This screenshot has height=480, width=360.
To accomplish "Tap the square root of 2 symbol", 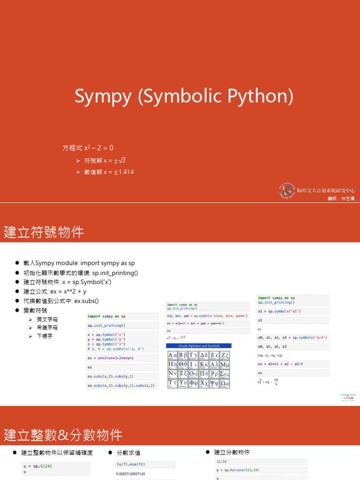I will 120,161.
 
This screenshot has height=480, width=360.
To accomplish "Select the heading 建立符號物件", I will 44,232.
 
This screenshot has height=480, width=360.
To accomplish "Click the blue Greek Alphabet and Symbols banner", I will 198,345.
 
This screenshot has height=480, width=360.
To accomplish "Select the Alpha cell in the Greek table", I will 172,355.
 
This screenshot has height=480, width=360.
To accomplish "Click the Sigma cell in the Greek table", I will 225,374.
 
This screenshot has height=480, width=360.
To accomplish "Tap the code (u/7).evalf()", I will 131,464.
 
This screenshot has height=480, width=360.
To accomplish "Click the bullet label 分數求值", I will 128,453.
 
